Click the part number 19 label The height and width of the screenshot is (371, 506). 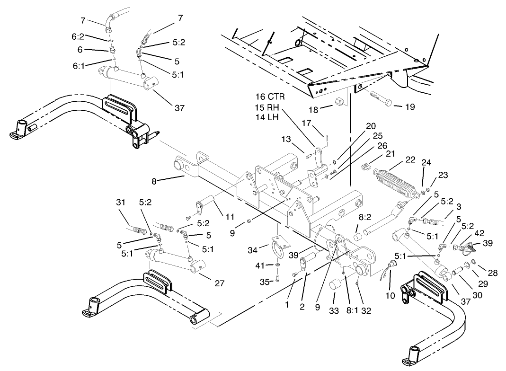[x=410, y=107]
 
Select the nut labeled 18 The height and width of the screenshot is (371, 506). [x=338, y=102]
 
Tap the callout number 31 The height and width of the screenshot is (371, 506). [x=121, y=202]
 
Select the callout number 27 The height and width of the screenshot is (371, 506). [x=219, y=284]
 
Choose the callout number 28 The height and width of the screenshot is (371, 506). [x=493, y=274]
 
